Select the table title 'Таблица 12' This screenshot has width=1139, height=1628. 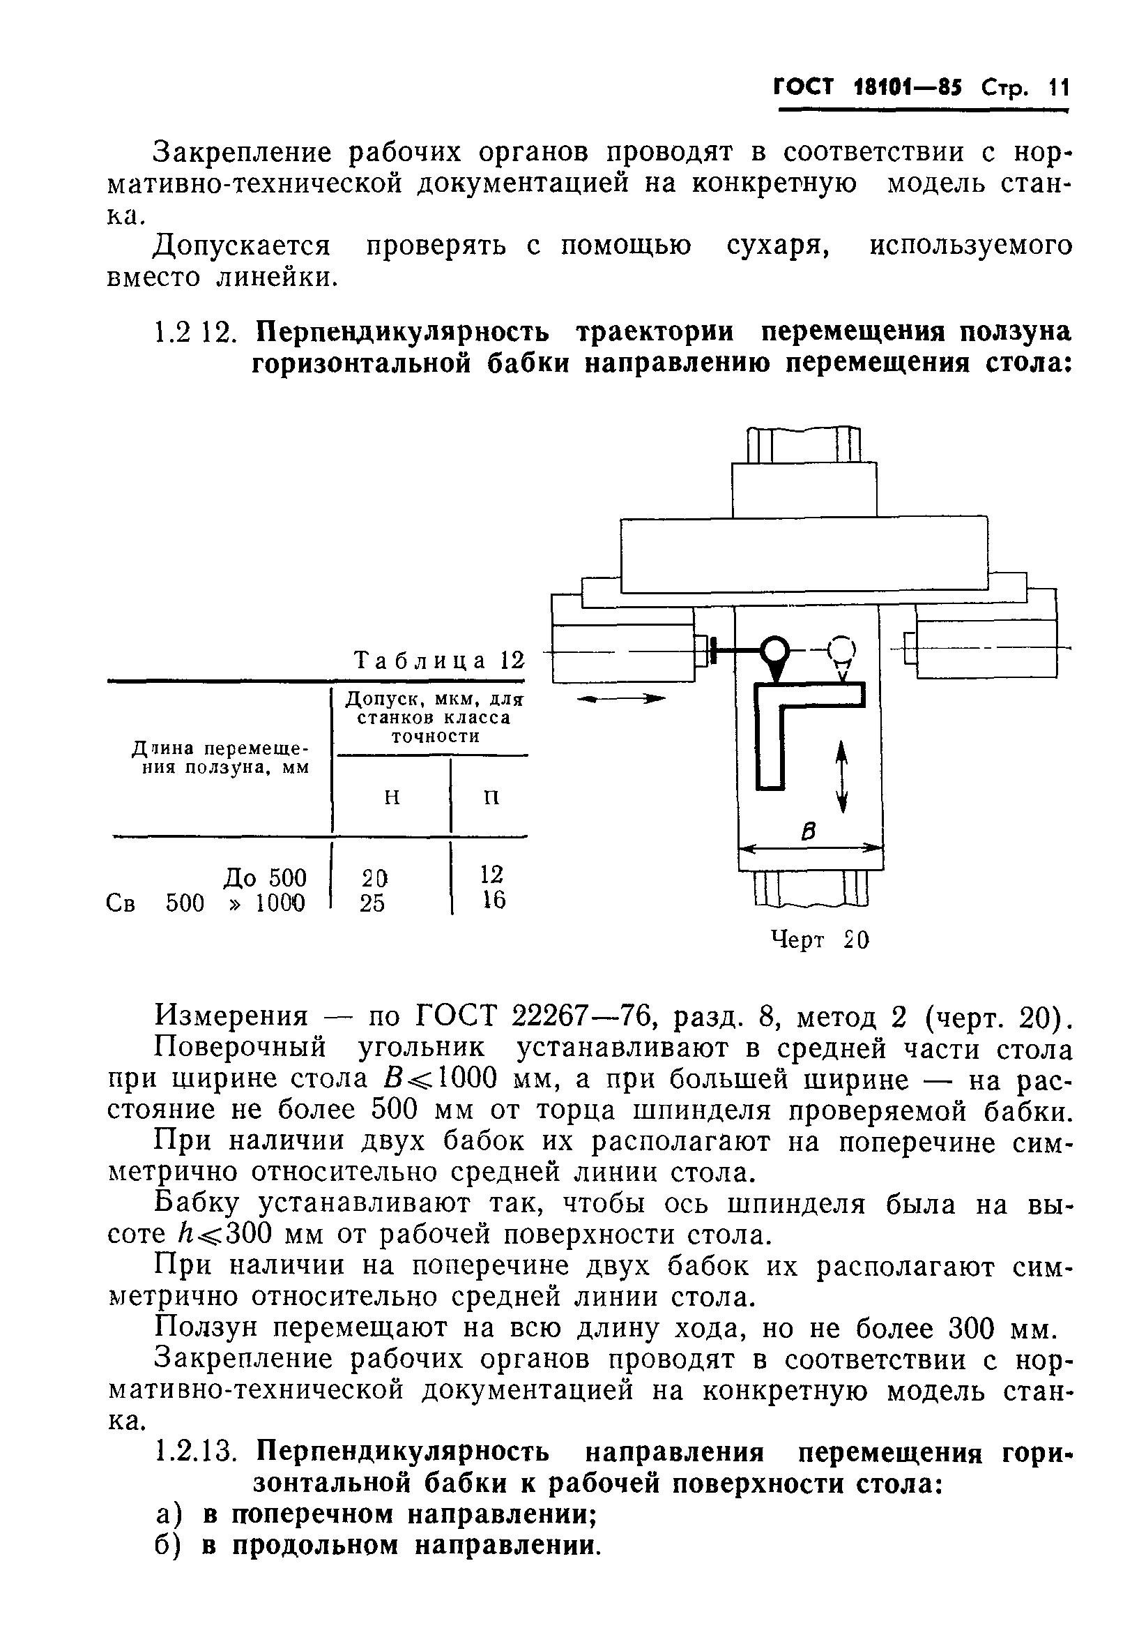pyautogui.click(x=438, y=660)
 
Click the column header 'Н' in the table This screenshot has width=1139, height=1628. pyautogui.click(x=392, y=797)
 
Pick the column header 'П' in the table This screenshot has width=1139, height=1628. pyautogui.click(x=491, y=797)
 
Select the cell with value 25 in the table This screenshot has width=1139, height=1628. pyautogui.click(x=372, y=903)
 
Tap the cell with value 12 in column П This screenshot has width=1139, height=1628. pyautogui.click(x=491, y=874)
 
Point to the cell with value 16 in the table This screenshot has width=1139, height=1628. pyautogui.click(x=494, y=900)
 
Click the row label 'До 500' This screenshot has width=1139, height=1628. pyautogui.click(x=265, y=877)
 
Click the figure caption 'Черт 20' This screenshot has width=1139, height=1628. pyautogui.click(x=819, y=940)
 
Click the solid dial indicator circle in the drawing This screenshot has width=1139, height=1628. pyautogui.click(x=775, y=649)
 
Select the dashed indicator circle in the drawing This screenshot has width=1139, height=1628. pyautogui.click(x=842, y=648)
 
